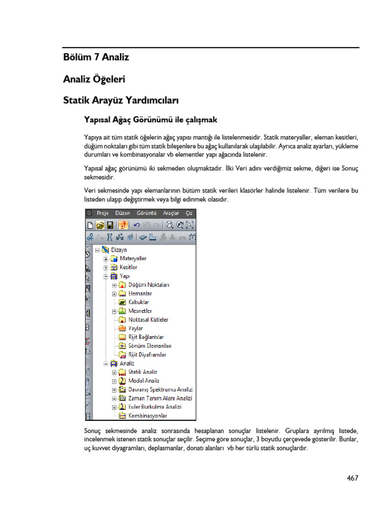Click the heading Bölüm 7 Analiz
pos(96,57)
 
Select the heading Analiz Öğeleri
pos(94,79)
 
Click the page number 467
pos(352,478)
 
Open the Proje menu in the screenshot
pos(104,213)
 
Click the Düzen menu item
pos(122,213)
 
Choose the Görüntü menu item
pos(147,213)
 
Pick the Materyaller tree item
pos(133,258)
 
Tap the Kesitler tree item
pos(128,267)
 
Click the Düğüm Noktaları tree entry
pos(148,285)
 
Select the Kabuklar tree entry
pos(139,302)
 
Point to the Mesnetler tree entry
pos(140,311)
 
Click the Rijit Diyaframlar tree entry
pos(147,354)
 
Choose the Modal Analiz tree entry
pos(144,380)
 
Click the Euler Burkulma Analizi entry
pos(155,407)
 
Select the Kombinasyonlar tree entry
pos(148,415)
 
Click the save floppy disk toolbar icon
pos(110,225)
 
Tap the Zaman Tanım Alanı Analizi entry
pos(160,398)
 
